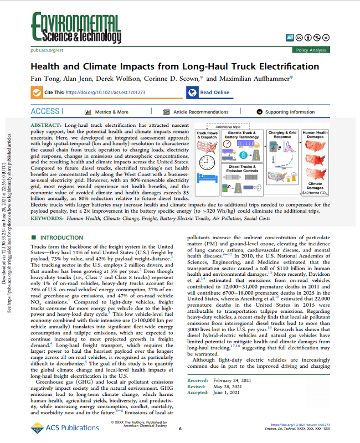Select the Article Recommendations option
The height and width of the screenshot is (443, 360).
pyautogui.click(x=200, y=112)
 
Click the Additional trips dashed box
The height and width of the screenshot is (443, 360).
pyautogui.click(x=236, y=126)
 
